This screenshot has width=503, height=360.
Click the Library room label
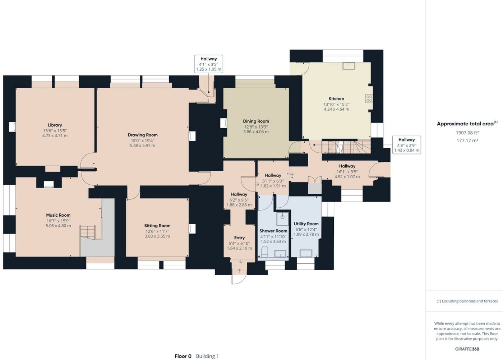tap(55, 125)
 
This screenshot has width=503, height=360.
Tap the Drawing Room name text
tap(143, 135)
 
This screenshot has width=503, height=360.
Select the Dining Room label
tap(256, 121)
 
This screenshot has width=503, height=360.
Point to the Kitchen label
tap(336, 98)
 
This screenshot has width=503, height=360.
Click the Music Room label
tap(58, 215)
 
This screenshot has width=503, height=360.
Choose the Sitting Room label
tap(157, 226)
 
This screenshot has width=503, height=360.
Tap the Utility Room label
tap(306, 224)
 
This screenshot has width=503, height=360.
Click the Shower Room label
tap(273, 231)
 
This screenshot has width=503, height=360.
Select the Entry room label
tap(239, 238)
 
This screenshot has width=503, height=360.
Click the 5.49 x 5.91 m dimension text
tap(143, 146)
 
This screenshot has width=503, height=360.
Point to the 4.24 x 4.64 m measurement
tap(336, 109)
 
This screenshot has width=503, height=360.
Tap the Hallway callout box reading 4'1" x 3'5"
tap(209, 64)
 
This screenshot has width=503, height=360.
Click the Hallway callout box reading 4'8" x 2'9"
tap(406, 145)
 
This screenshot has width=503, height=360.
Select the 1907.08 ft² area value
tap(467, 133)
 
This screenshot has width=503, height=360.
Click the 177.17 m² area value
tap(467, 140)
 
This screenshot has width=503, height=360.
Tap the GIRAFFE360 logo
tap(467, 349)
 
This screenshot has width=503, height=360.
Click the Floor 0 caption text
tap(183, 356)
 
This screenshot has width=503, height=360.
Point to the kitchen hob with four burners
tap(369, 98)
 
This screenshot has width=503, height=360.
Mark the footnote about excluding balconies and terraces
tap(467, 301)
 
